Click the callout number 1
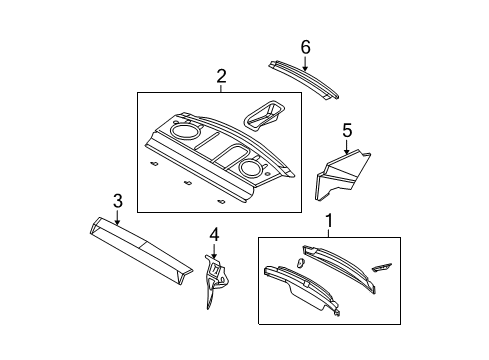325,219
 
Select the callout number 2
221,75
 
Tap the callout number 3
118,202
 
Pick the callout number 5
347,129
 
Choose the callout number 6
306,46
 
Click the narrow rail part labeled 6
304,79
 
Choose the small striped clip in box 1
383,268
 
